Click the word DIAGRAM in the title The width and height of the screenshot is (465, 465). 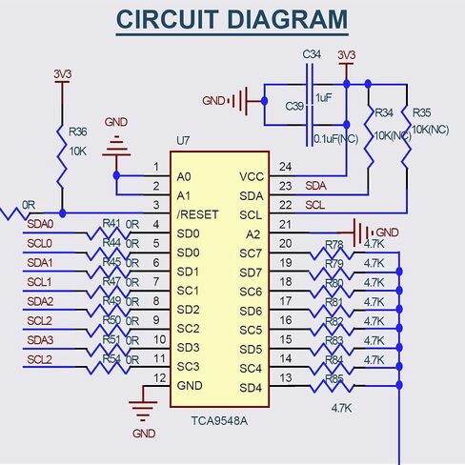288,19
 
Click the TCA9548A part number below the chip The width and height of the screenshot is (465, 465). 219,421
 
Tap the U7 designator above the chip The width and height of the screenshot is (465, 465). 183,140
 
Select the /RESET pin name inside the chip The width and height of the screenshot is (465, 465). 197,214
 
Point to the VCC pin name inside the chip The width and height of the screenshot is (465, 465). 252,176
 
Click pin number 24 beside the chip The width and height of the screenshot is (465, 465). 285,167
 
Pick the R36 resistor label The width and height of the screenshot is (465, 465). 78,131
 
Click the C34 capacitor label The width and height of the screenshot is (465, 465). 312,54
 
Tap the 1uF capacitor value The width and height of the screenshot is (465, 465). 324,98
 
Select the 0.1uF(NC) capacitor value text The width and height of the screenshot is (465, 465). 336,139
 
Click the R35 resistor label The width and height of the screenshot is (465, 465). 421,112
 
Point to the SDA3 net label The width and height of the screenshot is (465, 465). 40,340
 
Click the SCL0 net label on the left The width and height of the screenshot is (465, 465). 39,244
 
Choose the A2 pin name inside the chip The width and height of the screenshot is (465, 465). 253,234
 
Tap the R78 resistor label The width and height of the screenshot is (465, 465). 334,245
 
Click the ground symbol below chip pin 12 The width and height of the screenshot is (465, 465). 143,412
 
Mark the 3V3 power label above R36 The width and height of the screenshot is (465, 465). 62,74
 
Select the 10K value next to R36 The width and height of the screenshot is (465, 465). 78,152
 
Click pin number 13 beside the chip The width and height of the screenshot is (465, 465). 286,378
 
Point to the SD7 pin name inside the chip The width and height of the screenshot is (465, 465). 251,273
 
